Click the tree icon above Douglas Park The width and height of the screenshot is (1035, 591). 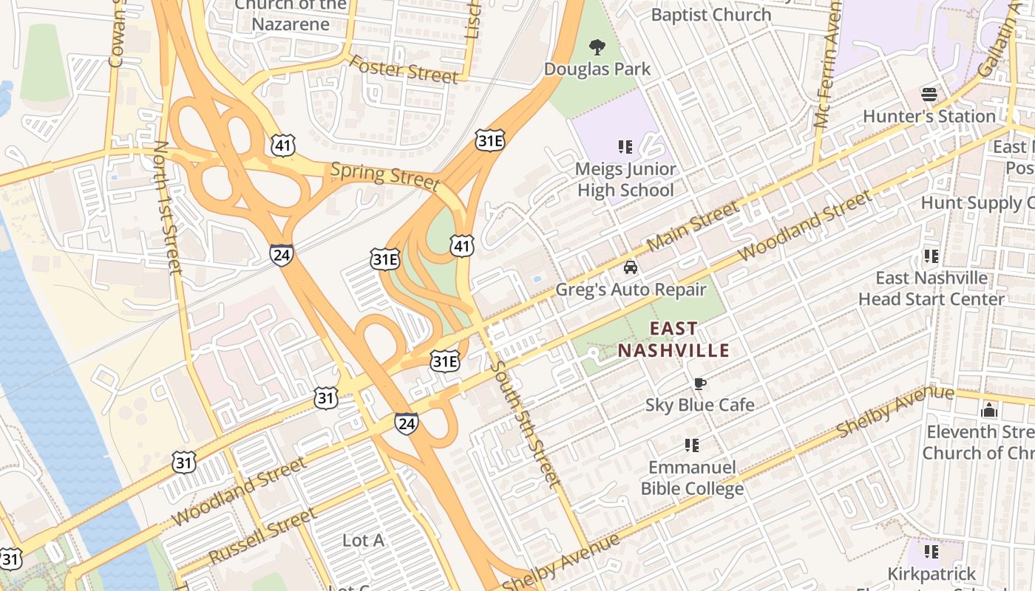[x=597, y=48]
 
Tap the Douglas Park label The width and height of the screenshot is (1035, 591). [x=597, y=69]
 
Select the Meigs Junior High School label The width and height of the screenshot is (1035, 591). [x=625, y=180]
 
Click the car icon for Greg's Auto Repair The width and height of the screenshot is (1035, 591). [x=630, y=267]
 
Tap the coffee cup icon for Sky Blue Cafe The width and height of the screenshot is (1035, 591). [x=699, y=383]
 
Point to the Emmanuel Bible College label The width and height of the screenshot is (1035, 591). [x=692, y=478]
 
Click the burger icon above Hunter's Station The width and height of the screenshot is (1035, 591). [x=929, y=95]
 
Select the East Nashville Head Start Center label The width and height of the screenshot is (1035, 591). [x=931, y=288]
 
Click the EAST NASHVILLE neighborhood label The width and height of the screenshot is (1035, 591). [x=673, y=339]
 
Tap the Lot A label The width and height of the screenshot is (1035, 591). [x=363, y=541]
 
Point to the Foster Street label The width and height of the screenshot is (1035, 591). [x=404, y=69]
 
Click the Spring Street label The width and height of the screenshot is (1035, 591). [x=384, y=175]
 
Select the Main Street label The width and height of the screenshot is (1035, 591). [x=693, y=225]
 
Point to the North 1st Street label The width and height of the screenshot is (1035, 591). [x=166, y=208]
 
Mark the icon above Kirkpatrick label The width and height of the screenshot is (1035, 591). [x=931, y=552]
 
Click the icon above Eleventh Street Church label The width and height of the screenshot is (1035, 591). [x=989, y=410]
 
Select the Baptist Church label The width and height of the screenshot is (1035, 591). [x=710, y=15]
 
